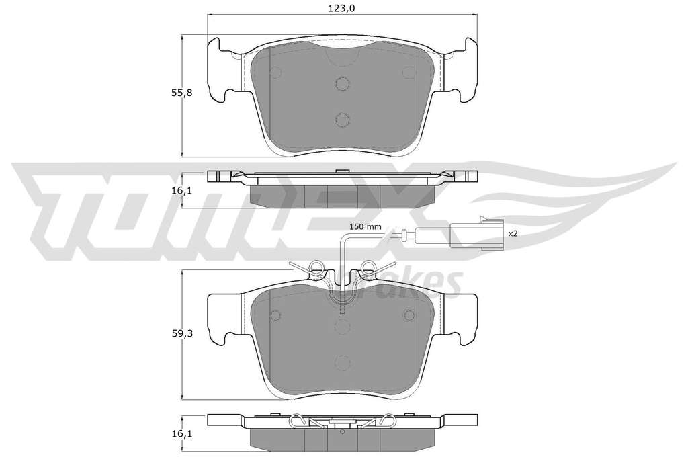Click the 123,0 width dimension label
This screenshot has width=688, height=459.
click(342, 7)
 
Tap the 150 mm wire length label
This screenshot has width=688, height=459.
click(365, 227)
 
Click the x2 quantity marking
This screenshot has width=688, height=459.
click(513, 234)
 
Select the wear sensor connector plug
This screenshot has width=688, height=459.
click(475, 233)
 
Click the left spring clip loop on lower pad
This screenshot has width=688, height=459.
click(315, 266)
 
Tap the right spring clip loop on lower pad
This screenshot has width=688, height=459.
click(369, 266)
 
